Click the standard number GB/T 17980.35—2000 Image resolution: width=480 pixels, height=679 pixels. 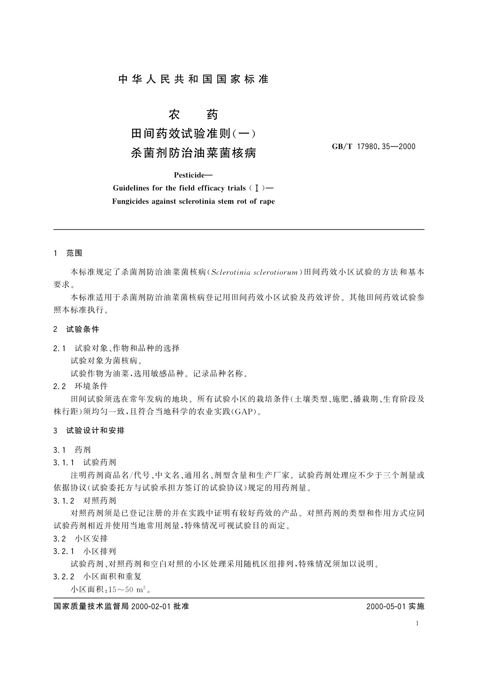(373, 146)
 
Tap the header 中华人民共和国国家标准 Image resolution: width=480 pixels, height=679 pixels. (193, 79)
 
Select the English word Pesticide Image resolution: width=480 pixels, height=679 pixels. (191, 175)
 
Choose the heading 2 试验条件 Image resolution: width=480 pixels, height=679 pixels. (76, 329)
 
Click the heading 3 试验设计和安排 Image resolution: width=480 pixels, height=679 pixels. (89, 431)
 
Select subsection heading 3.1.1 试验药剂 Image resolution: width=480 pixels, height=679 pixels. (85, 462)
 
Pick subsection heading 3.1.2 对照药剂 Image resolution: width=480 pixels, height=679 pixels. (85, 500)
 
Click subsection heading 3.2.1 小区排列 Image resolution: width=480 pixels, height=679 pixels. (85, 551)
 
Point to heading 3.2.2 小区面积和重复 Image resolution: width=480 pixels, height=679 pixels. (97, 577)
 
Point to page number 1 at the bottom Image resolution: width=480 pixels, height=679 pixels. (417, 623)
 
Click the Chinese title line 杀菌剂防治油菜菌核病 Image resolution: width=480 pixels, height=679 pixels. (193, 153)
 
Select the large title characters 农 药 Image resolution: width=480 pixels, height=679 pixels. (193, 115)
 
